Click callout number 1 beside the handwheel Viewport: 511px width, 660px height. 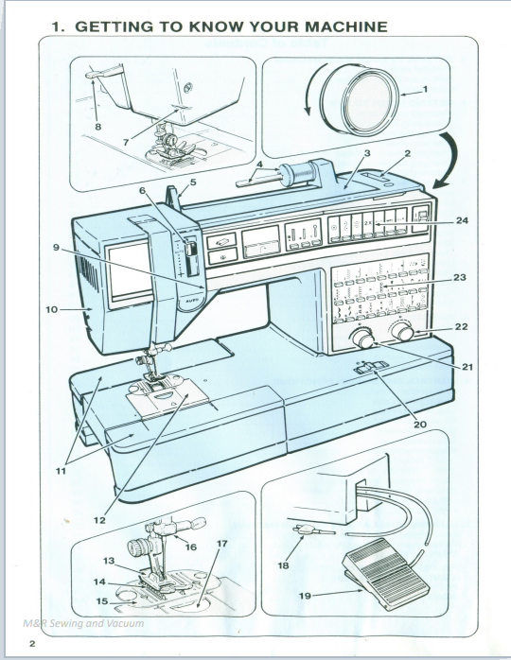point(426,90)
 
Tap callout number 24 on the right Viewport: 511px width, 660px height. point(462,221)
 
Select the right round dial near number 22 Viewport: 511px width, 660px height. point(404,333)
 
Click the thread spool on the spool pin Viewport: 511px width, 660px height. point(301,176)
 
